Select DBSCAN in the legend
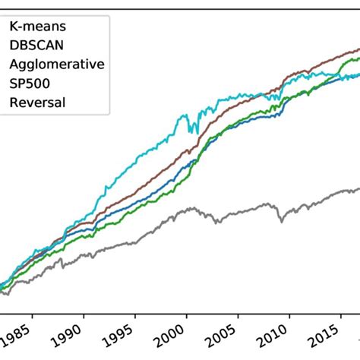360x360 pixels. coord(34,45)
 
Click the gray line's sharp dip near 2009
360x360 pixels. coord(281,221)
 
